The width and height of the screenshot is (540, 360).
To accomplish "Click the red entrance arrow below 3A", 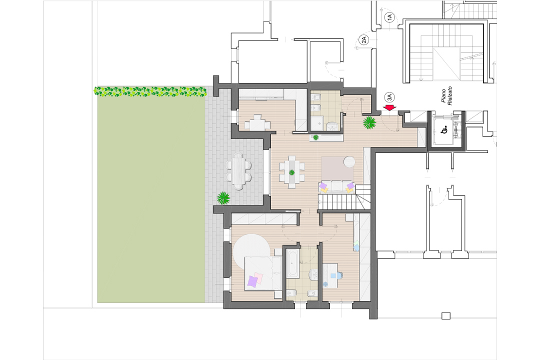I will click(389, 107).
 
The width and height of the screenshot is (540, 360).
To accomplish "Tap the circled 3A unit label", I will click(389, 97).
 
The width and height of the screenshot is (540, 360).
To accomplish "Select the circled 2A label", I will click(364, 38).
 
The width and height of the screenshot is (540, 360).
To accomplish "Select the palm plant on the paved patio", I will click(223, 198).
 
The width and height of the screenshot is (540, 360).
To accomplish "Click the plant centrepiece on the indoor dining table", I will click(291, 172).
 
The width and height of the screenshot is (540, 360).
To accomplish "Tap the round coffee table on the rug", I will click(349, 161).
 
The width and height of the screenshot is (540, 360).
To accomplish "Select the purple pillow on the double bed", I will click(253, 281).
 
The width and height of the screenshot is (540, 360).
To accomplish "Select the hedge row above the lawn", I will click(150, 91).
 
